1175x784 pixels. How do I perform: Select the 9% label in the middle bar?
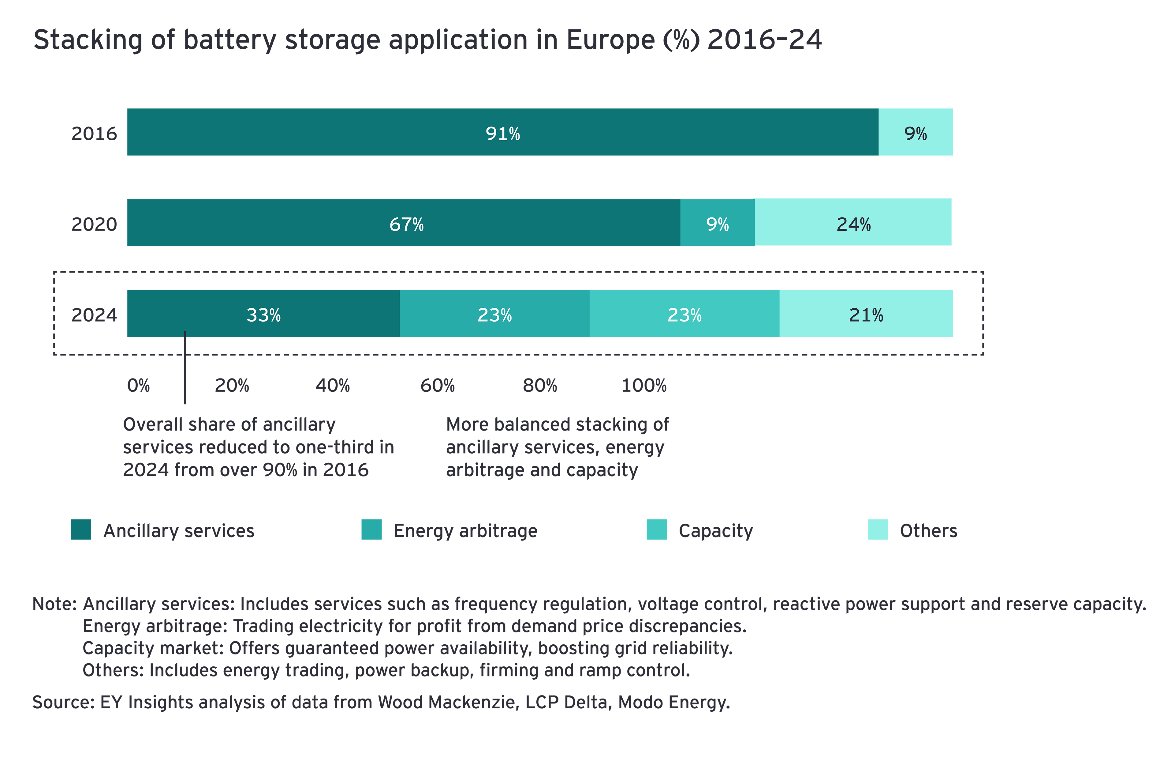click(x=717, y=224)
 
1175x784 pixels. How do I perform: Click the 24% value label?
click(x=853, y=224)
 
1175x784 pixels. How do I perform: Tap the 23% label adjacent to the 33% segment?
click(x=494, y=315)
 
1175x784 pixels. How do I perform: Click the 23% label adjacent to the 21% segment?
click(x=684, y=315)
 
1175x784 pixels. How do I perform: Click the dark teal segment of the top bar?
click(x=350, y=150)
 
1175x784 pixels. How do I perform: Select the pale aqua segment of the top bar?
click(x=924, y=155)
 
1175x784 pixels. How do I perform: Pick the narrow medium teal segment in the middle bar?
click(x=717, y=245)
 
